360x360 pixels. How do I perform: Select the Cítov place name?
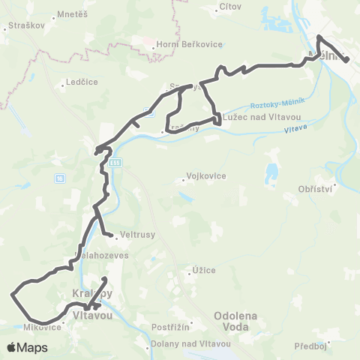tap(228, 6)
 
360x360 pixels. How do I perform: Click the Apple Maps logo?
tap(27, 347)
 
